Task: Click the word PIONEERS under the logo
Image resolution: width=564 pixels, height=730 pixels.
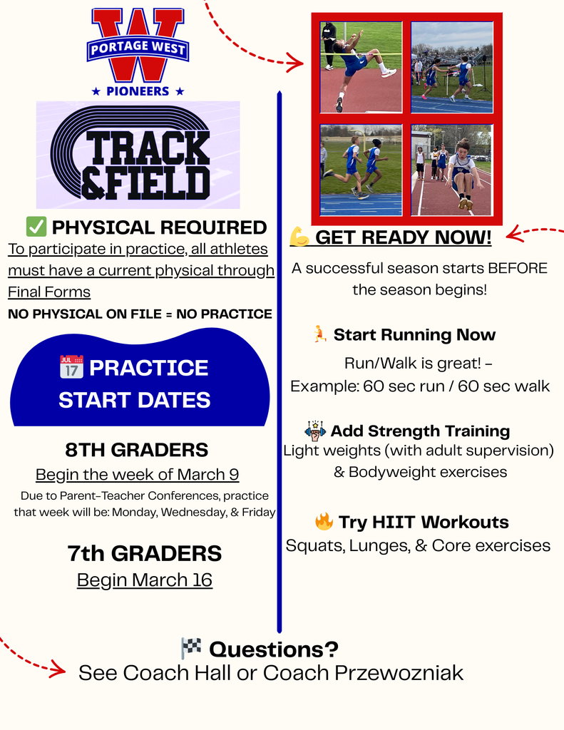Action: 138,91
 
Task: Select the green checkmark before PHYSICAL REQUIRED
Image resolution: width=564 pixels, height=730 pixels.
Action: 36,227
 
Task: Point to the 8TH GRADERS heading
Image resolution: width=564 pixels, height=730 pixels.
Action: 137,450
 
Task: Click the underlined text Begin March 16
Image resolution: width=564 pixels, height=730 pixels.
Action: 145,580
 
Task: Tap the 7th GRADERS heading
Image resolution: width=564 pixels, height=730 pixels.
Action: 145,553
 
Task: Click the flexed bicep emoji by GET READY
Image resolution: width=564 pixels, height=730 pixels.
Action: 299,236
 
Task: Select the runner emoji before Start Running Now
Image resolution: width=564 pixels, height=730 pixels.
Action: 320,334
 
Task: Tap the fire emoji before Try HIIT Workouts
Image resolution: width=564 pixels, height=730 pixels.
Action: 324,521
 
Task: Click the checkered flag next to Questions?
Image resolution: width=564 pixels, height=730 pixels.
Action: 191,648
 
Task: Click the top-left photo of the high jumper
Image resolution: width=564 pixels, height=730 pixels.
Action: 361,67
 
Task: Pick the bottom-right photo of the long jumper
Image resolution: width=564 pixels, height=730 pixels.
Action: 451,170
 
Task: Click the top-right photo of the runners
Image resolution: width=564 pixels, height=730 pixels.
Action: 451,67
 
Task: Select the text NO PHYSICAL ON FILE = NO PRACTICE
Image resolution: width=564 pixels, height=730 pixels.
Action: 140,314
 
